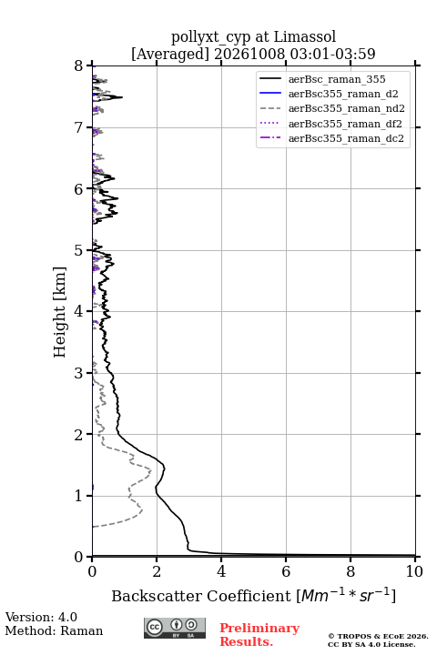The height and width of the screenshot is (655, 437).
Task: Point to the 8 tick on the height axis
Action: point(89,65)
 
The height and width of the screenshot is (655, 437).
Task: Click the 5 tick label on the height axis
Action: point(79,251)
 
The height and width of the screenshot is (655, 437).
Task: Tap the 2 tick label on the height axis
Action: point(79,435)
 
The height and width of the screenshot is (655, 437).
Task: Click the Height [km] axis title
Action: point(60,312)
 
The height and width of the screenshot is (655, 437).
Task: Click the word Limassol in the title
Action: point(305,37)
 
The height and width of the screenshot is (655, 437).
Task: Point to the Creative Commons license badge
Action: point(175,628)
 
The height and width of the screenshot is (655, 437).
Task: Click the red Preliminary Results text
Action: point(259,635)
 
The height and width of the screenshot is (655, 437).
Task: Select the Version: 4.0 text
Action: point(41,617)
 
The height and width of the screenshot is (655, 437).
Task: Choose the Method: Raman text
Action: point(54,630)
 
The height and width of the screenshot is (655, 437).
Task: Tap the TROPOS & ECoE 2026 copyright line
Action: point(378,636)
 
